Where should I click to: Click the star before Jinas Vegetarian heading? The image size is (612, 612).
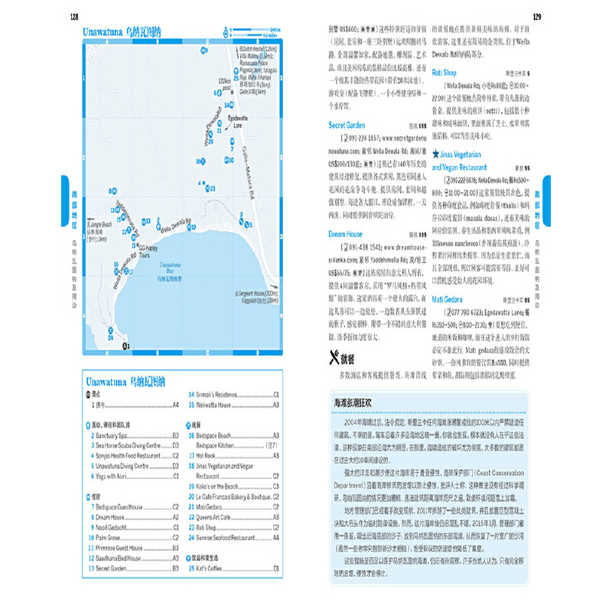438,154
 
